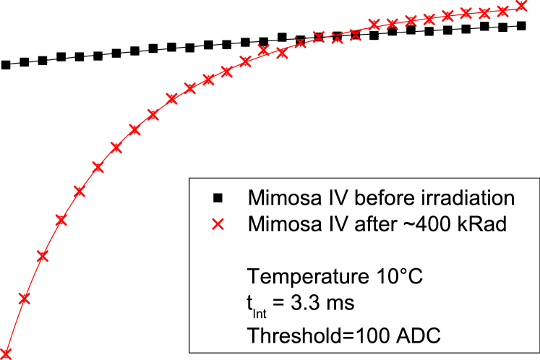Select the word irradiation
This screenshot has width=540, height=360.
[468, 197]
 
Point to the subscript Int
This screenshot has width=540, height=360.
[261, 309]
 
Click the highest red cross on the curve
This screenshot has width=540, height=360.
[521, 7]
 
